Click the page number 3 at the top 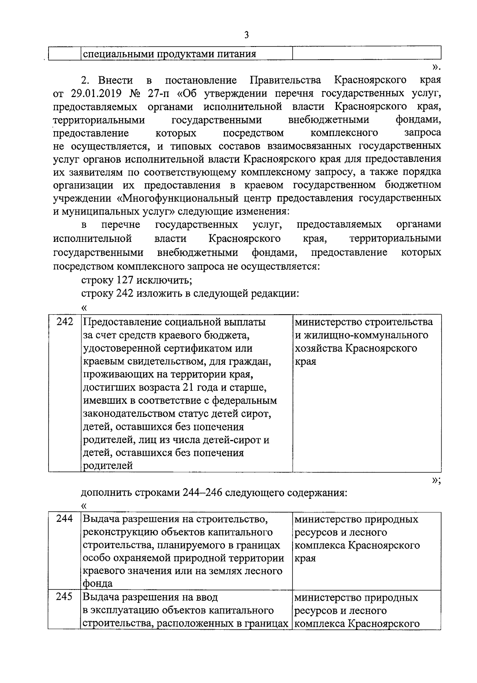[x=246, y=35]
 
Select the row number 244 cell [x=65, y=519]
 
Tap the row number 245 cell [x=65, y=597]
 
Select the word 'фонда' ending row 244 [x=98, y=584]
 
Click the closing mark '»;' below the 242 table [x=436, y=480]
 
